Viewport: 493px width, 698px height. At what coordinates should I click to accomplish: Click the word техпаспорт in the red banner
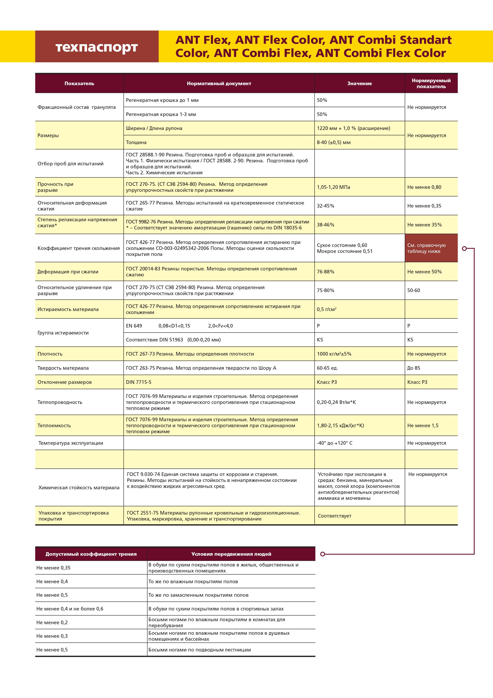[x=97, y=47]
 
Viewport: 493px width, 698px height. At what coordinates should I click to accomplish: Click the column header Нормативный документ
[x=219, y=84]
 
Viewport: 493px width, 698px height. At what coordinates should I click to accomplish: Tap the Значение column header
[x=359, y=84]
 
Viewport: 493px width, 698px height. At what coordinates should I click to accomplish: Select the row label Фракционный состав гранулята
[x=77, y=107]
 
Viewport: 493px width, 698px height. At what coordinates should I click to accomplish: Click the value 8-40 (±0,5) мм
[x=334, y=142]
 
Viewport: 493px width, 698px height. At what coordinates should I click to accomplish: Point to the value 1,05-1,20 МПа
[x=333, y=187]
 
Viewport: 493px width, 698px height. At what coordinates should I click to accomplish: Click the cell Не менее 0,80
[x=424, y=187]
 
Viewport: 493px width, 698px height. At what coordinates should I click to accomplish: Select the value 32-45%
[x=325, y=206]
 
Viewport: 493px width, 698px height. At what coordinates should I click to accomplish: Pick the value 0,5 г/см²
[x=326, y=309]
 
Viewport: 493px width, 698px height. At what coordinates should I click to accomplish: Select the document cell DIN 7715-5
[x=139, y=382]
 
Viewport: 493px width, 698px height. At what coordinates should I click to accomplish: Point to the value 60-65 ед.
[x=327, y=368]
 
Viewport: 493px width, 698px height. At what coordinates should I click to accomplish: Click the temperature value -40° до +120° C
[x=335, y=443]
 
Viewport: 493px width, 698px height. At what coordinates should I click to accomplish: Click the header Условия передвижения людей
[x=231, y=554]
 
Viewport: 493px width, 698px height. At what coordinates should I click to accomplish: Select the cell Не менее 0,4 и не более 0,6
[x=70, y=609]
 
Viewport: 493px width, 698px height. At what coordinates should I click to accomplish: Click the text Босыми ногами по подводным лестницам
[x=200, y=650]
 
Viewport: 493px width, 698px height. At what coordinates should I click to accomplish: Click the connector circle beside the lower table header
[x=323, y=554]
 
